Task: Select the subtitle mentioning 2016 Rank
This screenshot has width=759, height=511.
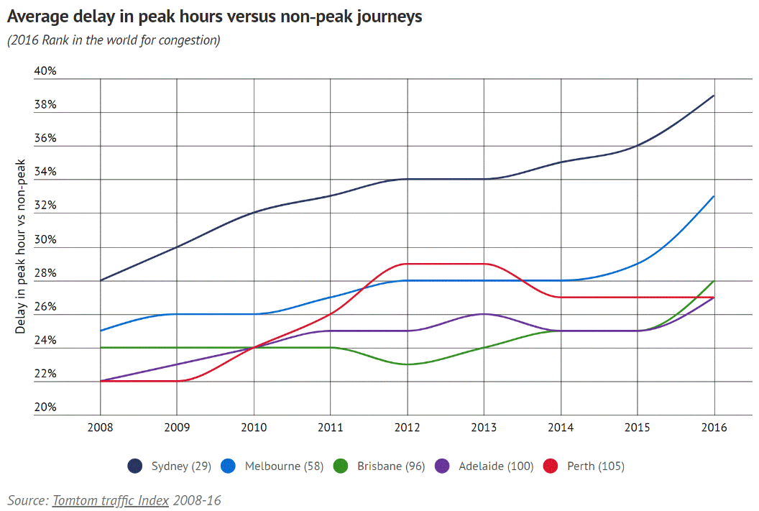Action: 114,40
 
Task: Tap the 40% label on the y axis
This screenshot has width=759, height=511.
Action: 45,71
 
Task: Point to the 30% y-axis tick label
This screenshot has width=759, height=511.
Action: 45,239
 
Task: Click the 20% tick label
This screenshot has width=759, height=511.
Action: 45,408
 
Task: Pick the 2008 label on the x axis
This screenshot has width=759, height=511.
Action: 100,427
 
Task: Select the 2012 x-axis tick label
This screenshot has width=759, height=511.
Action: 407,427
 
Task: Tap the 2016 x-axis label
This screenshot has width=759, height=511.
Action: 714,427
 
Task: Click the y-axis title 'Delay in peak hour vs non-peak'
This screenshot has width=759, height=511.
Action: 21,246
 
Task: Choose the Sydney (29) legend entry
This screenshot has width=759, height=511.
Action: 180,466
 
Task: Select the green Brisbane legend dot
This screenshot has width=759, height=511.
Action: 342,466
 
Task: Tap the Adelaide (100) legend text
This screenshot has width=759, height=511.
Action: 496,466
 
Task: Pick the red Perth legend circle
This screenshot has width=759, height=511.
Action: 552,466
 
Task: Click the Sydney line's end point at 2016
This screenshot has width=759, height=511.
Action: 714,96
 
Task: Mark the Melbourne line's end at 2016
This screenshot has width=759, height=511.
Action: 714,196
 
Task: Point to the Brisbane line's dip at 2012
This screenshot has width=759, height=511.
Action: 407,364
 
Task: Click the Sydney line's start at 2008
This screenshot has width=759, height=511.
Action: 100,280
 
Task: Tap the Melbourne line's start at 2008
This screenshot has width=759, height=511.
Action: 100,331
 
